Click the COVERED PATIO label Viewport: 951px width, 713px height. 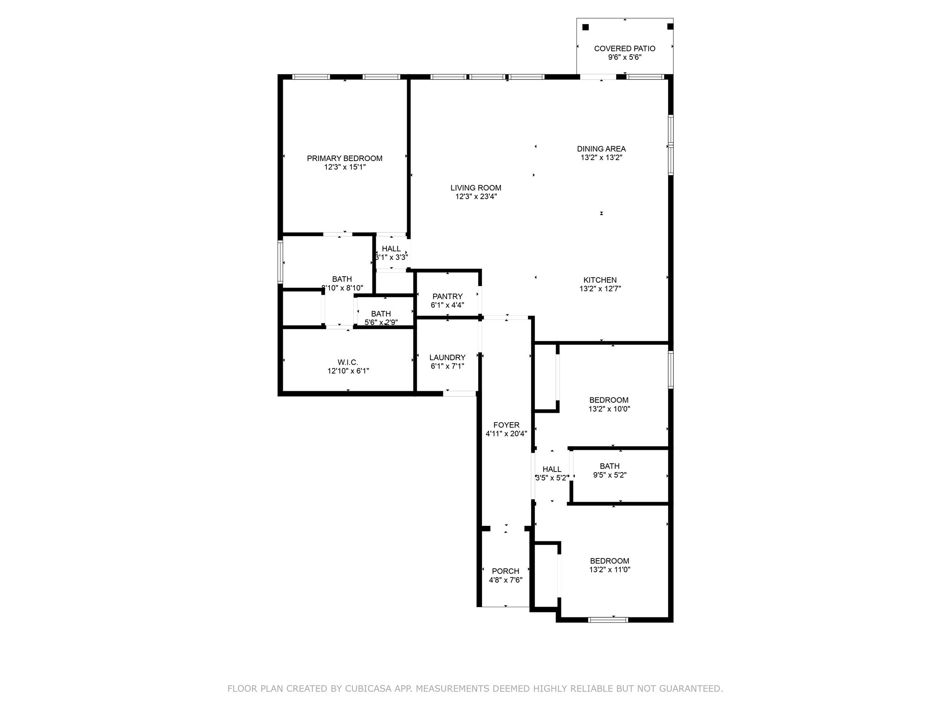click(x=625, y=48)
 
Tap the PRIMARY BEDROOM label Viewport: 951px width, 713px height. click(x=345, y=158)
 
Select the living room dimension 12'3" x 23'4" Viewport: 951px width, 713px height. click(x=476, y=197)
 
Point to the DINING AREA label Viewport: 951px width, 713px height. click(x=601, y=149)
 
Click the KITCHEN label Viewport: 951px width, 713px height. click(x=600, y=280)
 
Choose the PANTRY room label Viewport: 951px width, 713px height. click(x=447, y=297)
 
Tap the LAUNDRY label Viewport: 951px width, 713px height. click(x=447, y=357)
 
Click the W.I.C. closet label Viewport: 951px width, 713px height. click(x=348, y=362)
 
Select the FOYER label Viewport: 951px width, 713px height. click(x=506, y=425)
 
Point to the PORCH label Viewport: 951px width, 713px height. click(x=505, y=571)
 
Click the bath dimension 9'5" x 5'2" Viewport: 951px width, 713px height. click(x=610, y=475)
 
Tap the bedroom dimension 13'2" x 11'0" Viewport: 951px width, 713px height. click(x=610, y=570)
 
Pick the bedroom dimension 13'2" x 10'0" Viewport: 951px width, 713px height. click(x=609, y=409)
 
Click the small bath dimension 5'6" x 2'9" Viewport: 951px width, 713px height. click(x=381, y=323)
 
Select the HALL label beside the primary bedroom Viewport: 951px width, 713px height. click(x=391, y=249)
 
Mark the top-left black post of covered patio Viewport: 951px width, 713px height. click(x=586, y=27)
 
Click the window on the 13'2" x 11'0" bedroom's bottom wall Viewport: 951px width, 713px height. click(x=608, y=620)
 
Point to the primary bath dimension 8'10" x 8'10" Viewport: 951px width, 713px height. click(x=342, y=288)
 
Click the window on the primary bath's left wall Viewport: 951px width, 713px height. click(x=280, y=261)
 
